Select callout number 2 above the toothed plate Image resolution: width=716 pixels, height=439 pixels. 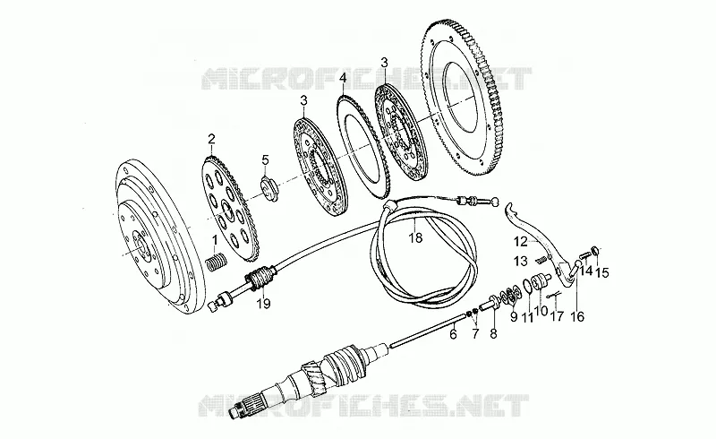point(211,138)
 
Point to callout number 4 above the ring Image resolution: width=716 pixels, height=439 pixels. point(343,79)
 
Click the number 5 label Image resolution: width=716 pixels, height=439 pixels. point(265,159)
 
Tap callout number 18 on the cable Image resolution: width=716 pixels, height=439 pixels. point(415,237)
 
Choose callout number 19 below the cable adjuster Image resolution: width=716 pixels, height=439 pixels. point(263,303)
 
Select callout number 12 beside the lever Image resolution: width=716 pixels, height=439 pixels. point(520,241)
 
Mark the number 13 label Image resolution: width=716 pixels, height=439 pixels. point(521,262)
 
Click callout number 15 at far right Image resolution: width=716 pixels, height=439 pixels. point(602,273)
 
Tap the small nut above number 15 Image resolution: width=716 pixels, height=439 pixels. point(595,250)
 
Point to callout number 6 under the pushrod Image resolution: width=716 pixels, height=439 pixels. point(453,334)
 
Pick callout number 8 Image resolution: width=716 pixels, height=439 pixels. point(493,333)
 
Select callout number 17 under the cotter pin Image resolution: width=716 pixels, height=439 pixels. point(557,315)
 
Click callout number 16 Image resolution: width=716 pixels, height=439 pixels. point(577,316)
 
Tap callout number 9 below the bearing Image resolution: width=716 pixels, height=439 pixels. point(514,316)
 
